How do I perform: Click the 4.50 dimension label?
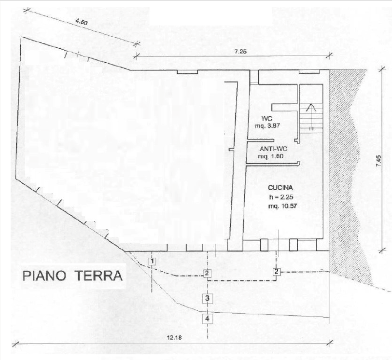click(x=81, y=22)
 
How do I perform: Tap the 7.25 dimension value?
click(x=241, y=52)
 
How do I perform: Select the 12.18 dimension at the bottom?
click(x=175, y=337)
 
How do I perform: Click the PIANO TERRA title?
click(x=72, y=276)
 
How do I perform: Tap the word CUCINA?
click(x=280, y=188)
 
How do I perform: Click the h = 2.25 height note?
click(x=281, y=197)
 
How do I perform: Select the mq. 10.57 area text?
click(x=282, y=207)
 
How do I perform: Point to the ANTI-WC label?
click(x=274, y=149)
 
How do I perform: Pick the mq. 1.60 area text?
click(x=271, y=157)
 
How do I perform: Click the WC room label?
click(x=267, y=118)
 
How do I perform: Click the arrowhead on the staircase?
click(x=311, y=108)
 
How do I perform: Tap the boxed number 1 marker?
click(x=152, y=262)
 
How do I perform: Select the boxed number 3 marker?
click(x=207, y=298)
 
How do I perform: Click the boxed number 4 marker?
click(x=208, y=318)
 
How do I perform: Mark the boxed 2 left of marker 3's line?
click(x=207, y=273)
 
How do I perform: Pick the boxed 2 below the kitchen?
click(x=276, y=272)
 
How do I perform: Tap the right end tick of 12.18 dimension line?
click(x=331, y=343)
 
